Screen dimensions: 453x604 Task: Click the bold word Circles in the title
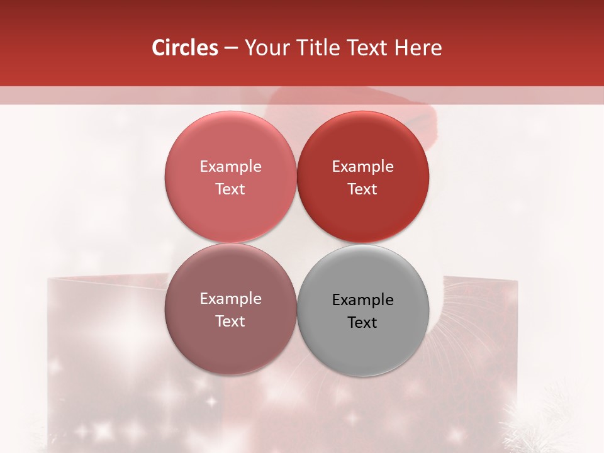(184, 48)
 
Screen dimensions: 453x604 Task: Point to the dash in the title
(231, 48)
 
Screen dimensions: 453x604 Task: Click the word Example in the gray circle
(362, 300)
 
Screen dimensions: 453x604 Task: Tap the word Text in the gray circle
(362, 323)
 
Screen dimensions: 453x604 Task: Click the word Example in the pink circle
(230, 167)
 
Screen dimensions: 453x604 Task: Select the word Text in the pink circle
(230, 189)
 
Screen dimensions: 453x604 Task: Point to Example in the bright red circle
(362, 167)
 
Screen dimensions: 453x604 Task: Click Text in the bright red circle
(362, 189)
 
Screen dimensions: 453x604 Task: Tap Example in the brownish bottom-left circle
(230, 299)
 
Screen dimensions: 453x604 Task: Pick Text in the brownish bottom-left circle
(230, 322)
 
